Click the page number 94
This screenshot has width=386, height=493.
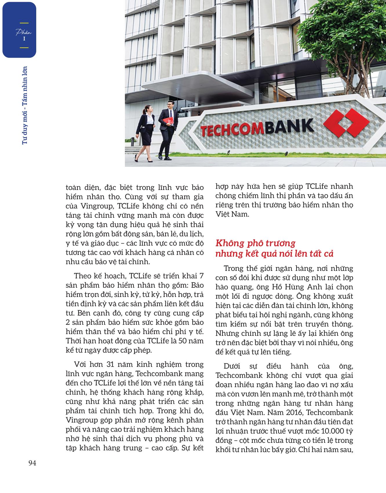32,463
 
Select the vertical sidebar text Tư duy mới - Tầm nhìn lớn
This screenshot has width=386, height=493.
24,105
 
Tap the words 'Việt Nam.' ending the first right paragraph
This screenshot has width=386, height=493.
232,214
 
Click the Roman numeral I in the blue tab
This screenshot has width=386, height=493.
24,39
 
